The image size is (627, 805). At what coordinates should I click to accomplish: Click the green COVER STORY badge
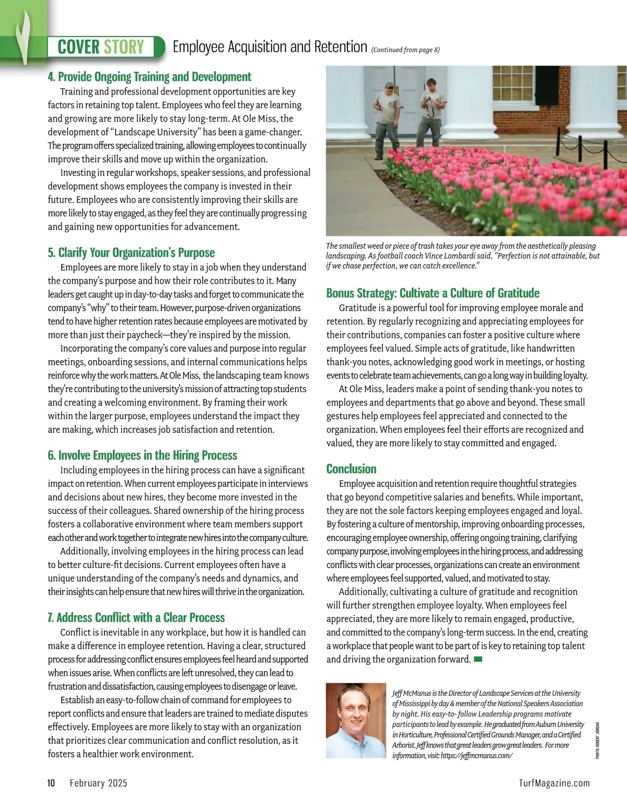[101, 47]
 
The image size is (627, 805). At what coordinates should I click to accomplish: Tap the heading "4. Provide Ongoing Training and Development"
[149, 77]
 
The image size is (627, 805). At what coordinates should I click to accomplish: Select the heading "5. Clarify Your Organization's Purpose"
[131, 252]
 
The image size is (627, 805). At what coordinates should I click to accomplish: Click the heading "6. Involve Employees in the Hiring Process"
[142, 455]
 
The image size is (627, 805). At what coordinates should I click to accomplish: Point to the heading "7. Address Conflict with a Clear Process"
[136, 617]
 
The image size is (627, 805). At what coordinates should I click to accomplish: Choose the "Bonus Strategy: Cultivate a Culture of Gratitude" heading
[433, 293]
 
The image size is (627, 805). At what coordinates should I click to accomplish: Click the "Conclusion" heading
[351, 468]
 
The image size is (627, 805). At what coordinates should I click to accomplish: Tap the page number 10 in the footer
[51, 783]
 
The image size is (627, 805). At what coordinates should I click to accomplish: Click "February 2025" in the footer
[98, 783]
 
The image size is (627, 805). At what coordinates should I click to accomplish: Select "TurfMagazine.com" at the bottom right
[554, 783]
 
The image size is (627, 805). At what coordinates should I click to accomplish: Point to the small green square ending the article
[478, 660]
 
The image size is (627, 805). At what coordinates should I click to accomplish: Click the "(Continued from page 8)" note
[405, 50]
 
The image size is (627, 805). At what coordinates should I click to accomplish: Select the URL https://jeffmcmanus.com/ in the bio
[477, 756]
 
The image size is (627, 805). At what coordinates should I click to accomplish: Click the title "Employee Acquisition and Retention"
[270, 47]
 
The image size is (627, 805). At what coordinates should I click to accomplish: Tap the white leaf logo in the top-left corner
[22, 37]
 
